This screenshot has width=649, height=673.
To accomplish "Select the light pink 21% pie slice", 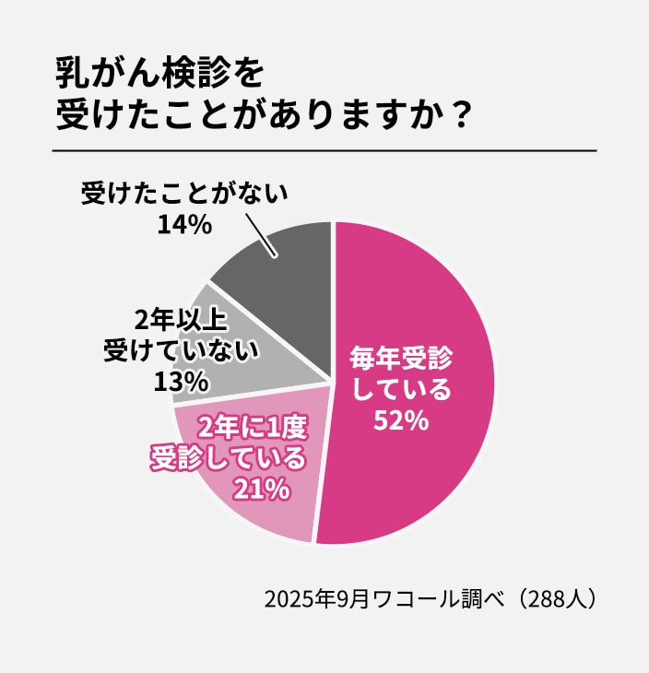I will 249,498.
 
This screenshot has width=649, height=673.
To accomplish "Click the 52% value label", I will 401,420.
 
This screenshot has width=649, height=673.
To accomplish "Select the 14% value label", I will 184,224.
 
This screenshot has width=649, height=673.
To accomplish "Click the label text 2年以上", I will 181,320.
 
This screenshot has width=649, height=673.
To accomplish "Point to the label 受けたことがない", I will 184,195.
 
